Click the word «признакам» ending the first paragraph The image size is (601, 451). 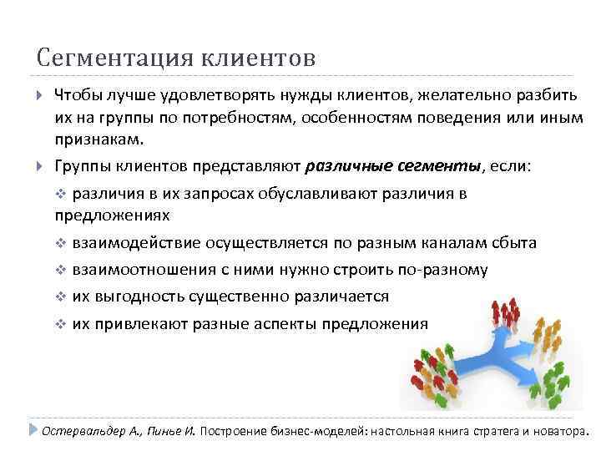(98, 137)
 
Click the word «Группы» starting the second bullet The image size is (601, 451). (81, 165)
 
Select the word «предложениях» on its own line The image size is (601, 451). (111, 215)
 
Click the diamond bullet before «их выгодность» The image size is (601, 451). (60, 296)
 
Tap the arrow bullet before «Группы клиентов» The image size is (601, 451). (41, 165)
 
